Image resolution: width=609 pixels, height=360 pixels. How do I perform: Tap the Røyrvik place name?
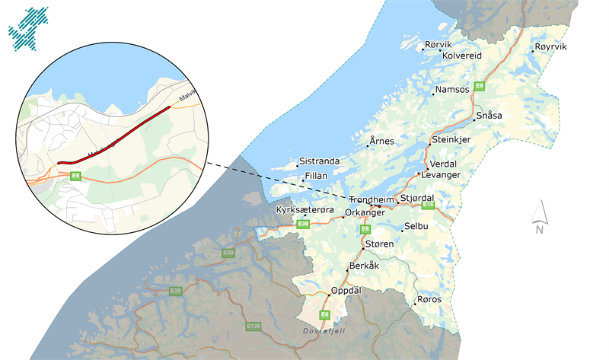coord(551,47)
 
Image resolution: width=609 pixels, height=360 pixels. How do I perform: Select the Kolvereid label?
coord(463,56)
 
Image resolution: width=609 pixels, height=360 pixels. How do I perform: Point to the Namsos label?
coord(453,90)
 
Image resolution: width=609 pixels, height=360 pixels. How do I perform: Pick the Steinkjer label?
coord(452,141)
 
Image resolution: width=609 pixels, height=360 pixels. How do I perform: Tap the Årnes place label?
coord(381,142)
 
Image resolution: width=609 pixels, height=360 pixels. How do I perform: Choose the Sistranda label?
coord(319,161)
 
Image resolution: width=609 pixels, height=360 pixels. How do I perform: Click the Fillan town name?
coord(316,176)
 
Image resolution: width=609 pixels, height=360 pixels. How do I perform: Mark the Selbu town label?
coord(416,227)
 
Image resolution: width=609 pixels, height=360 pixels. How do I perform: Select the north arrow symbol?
coord(539,216)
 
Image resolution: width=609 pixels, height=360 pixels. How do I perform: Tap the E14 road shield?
coord(428,205)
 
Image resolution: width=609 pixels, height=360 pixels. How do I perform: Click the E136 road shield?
coord(253,326)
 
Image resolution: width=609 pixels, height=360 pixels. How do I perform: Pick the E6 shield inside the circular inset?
coord(75,176)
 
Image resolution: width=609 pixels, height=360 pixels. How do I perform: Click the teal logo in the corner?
coord(27,27)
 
